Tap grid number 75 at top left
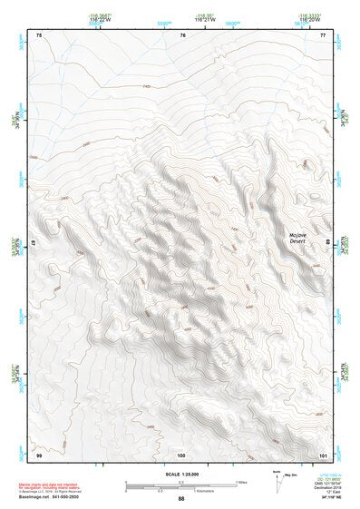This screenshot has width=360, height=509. click(39, 35)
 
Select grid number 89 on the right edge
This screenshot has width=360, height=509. click(329, 242)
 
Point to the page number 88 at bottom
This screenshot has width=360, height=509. click(181, 499)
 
